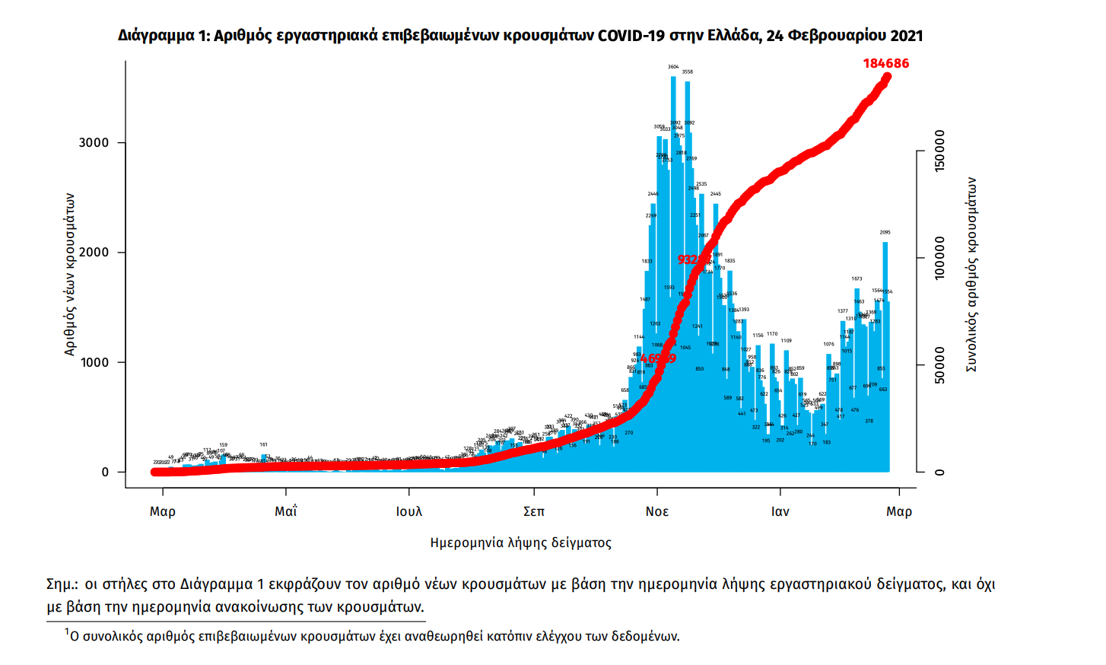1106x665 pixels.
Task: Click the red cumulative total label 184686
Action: point(885,64)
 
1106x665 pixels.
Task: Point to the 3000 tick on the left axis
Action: point(94,143)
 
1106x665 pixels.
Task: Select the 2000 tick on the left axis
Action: point(94,253)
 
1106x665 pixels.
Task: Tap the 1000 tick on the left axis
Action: point(94,363)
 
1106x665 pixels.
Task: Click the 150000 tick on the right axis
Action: point(940,151)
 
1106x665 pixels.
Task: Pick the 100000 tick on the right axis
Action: point(940,258)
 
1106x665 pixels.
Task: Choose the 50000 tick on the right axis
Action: point(940,365)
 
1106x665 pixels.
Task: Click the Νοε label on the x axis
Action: point(657,511)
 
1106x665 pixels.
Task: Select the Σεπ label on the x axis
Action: point(534,511)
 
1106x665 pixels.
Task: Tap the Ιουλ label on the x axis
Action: point(409,511)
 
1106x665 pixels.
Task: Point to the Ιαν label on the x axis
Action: point(780,511)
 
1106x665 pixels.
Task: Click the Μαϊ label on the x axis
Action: point(286,511)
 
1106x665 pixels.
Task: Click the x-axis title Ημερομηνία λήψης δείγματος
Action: point(520,542)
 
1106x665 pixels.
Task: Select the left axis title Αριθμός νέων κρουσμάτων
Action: point(70,274)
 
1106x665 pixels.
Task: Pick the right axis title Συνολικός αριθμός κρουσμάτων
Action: point(971,275)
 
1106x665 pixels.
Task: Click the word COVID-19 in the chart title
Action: point(631,36)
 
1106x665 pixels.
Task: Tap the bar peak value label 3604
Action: point(673,67)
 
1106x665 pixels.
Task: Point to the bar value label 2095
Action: point(885,233)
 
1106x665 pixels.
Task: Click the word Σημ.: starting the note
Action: point(62,584)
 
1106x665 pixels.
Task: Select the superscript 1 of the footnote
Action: point(67,632)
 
